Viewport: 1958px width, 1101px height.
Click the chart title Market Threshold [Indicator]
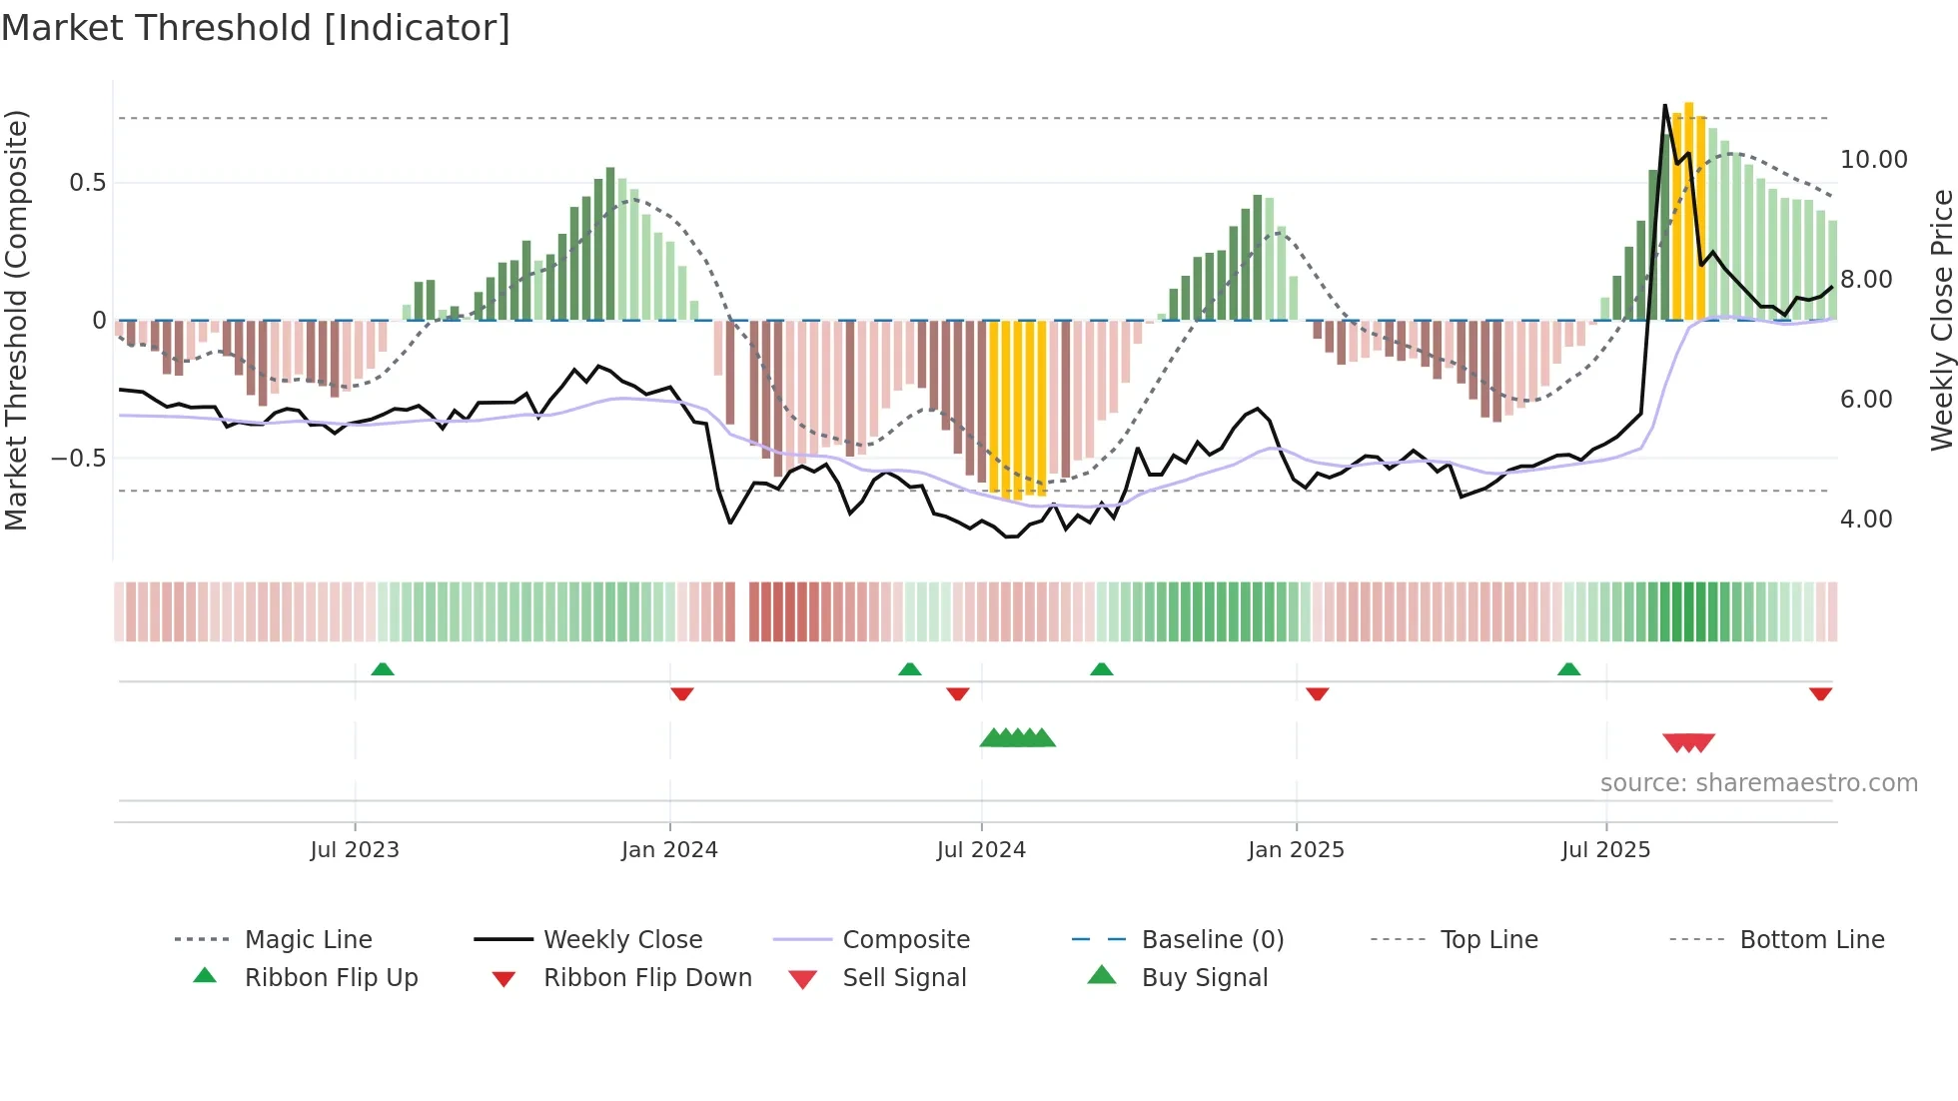[256, 28]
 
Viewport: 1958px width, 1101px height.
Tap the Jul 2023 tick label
[354, 850]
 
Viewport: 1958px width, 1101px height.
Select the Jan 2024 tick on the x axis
[669, 850]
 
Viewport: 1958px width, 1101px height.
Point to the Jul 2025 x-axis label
[1605, 850]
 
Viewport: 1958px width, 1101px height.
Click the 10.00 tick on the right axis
[1873, 160]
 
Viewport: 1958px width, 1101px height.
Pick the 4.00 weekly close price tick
[1866, 520]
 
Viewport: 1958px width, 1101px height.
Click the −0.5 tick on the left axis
[78, 459]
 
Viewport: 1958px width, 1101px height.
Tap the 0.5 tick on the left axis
[87, 183]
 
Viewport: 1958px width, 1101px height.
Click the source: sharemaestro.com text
[1758, 783]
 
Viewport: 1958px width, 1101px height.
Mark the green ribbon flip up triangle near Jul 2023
[383, 669]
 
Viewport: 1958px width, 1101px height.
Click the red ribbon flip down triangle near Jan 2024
[682, 693]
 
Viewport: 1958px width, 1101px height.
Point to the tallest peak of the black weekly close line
[1664, 106]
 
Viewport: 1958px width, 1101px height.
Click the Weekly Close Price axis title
[1941, 320]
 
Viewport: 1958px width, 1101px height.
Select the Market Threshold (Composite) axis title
[16, 320]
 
